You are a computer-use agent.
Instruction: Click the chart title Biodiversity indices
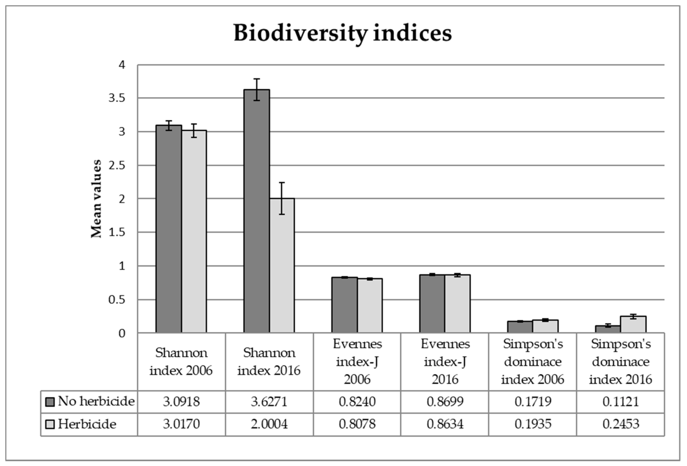point(342,33)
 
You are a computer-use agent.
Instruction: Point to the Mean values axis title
point(96,198)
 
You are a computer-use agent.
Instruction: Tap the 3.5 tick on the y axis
point(117,98)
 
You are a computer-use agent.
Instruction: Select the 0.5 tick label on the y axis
point(117,300)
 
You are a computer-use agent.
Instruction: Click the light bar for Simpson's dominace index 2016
point(633,324)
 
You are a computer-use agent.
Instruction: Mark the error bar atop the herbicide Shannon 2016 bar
point(282,198)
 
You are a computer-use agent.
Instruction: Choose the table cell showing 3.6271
point(269,402)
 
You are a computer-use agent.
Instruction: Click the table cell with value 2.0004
point(269,424)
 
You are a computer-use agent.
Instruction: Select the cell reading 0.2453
point(621,424)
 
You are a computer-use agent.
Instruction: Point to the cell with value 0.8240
point(357,402)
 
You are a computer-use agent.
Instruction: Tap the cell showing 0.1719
point(533,402)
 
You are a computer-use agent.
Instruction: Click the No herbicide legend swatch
point(50,402)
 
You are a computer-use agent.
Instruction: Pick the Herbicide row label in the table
point(87,424)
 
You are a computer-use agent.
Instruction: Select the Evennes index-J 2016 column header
point(445,361)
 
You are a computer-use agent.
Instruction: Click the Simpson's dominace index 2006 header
point(533,361)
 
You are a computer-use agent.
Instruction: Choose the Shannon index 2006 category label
point(181,361)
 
